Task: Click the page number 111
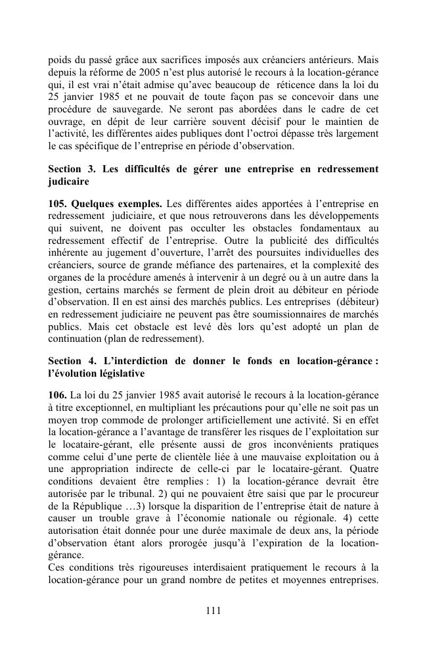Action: click(213, 611)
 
